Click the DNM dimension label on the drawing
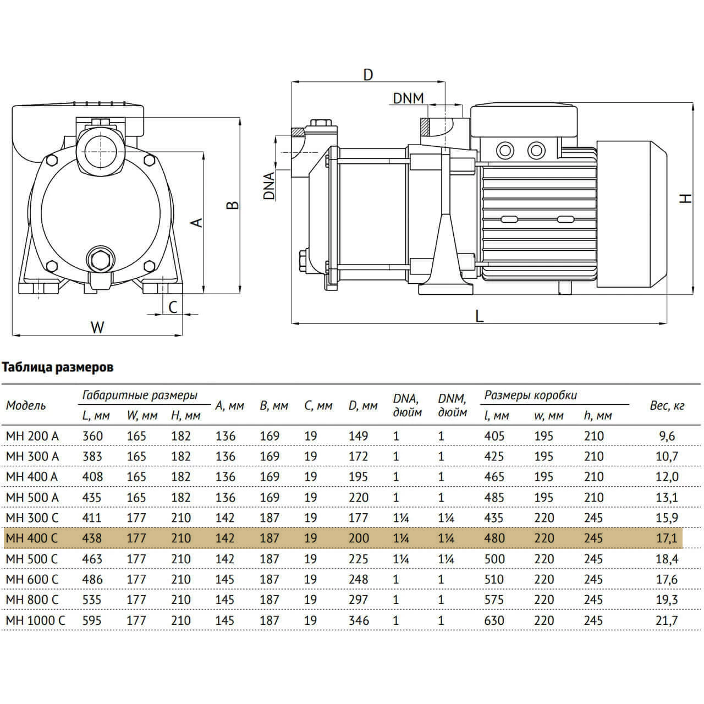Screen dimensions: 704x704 (408, 98)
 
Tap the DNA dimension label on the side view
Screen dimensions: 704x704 (269, 186)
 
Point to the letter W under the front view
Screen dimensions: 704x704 (97, 327)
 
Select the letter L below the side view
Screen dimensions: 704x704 (479, 316)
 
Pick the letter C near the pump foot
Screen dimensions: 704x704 (173, 307)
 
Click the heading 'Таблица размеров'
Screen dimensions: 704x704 (58, 367)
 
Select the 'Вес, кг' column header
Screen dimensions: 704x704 (667, 405)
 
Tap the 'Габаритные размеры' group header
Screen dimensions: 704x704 (140, 395)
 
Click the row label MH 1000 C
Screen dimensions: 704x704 (35, 620)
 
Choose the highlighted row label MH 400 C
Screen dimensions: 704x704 (32, 538)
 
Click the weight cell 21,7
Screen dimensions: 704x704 (667, 620)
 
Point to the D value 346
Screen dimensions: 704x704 (359, 620)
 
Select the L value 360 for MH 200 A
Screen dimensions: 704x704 (92, 436)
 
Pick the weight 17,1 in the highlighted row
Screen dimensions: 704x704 (667, 538)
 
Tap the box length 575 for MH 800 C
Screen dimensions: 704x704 (494, 600)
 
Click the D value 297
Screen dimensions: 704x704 (359, 600)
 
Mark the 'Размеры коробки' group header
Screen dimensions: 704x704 (530, 395)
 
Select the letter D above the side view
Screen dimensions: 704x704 (368, 75)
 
